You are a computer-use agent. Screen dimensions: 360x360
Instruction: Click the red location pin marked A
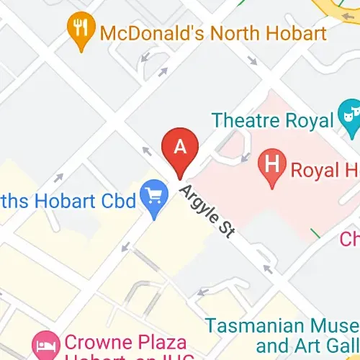181,150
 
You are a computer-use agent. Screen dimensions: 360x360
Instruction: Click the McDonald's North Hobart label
213,32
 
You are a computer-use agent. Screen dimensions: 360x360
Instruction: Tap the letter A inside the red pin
181,145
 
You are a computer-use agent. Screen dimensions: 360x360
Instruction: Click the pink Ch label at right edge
349,238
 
